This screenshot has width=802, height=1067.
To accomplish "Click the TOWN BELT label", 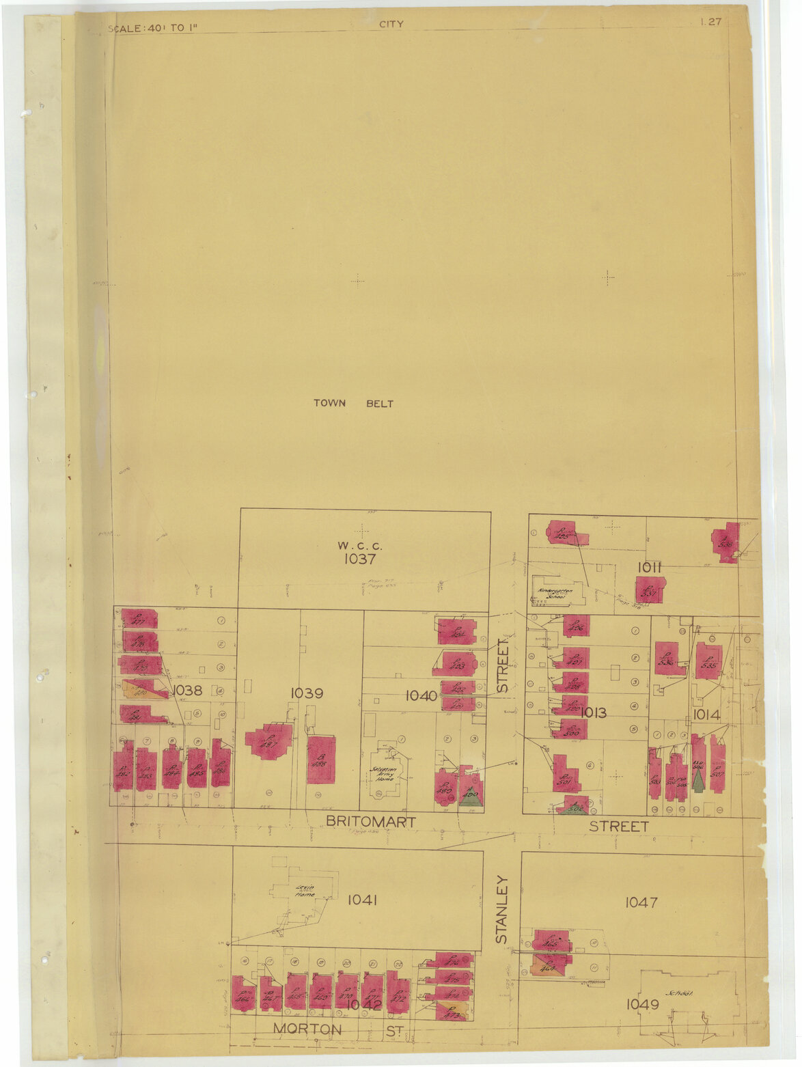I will tap(353, 404).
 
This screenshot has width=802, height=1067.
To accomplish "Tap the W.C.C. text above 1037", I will tap(360, 546).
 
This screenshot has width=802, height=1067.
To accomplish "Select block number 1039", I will tap(307, 693).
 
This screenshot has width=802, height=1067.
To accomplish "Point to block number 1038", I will tap(187, 691).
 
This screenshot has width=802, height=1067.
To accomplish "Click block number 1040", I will tap(421, 696).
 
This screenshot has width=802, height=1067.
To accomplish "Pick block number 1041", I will tap(363, 900).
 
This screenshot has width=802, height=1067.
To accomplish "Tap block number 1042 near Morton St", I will tap(363, 1004).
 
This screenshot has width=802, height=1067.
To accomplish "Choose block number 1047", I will tap(641, 902).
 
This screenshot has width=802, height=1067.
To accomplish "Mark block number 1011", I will tap(649, 566).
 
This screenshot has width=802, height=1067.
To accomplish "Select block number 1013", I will tap(593, 713).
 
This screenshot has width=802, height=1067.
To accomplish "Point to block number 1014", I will tap(706, 715).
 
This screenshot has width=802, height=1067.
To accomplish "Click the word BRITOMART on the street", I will tap(370, 822).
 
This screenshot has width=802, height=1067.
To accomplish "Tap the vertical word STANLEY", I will tap(502, 909).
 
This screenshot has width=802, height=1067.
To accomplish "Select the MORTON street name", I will tap(307, 1029).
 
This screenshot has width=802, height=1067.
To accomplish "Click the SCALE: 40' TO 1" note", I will tap(153, 29).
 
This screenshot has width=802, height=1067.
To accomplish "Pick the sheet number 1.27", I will tap(710, 22).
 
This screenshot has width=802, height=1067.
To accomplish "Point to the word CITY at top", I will tap(391, 24).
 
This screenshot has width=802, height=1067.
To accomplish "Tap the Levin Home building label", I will tap(305, 889).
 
